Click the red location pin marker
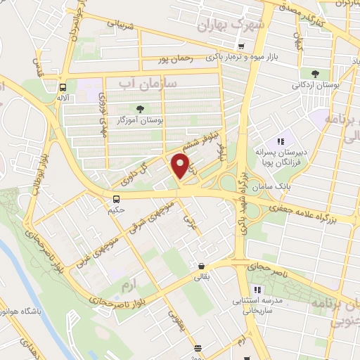[181, 166]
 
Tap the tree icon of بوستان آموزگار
[139, 109]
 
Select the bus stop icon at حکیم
[116, 197]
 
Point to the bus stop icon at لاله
[63, 88]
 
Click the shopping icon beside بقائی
[202, 266]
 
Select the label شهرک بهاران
[232, 25]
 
